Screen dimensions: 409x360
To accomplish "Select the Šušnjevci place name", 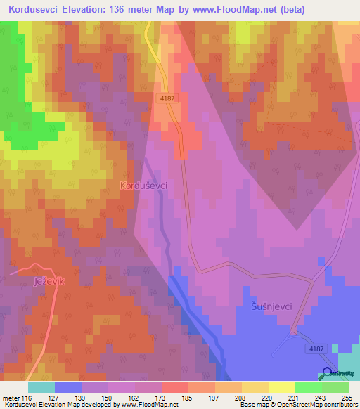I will (271, 306).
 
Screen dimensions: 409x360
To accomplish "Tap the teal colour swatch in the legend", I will (41, 387).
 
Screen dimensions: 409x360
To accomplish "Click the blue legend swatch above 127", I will (67, 387).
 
